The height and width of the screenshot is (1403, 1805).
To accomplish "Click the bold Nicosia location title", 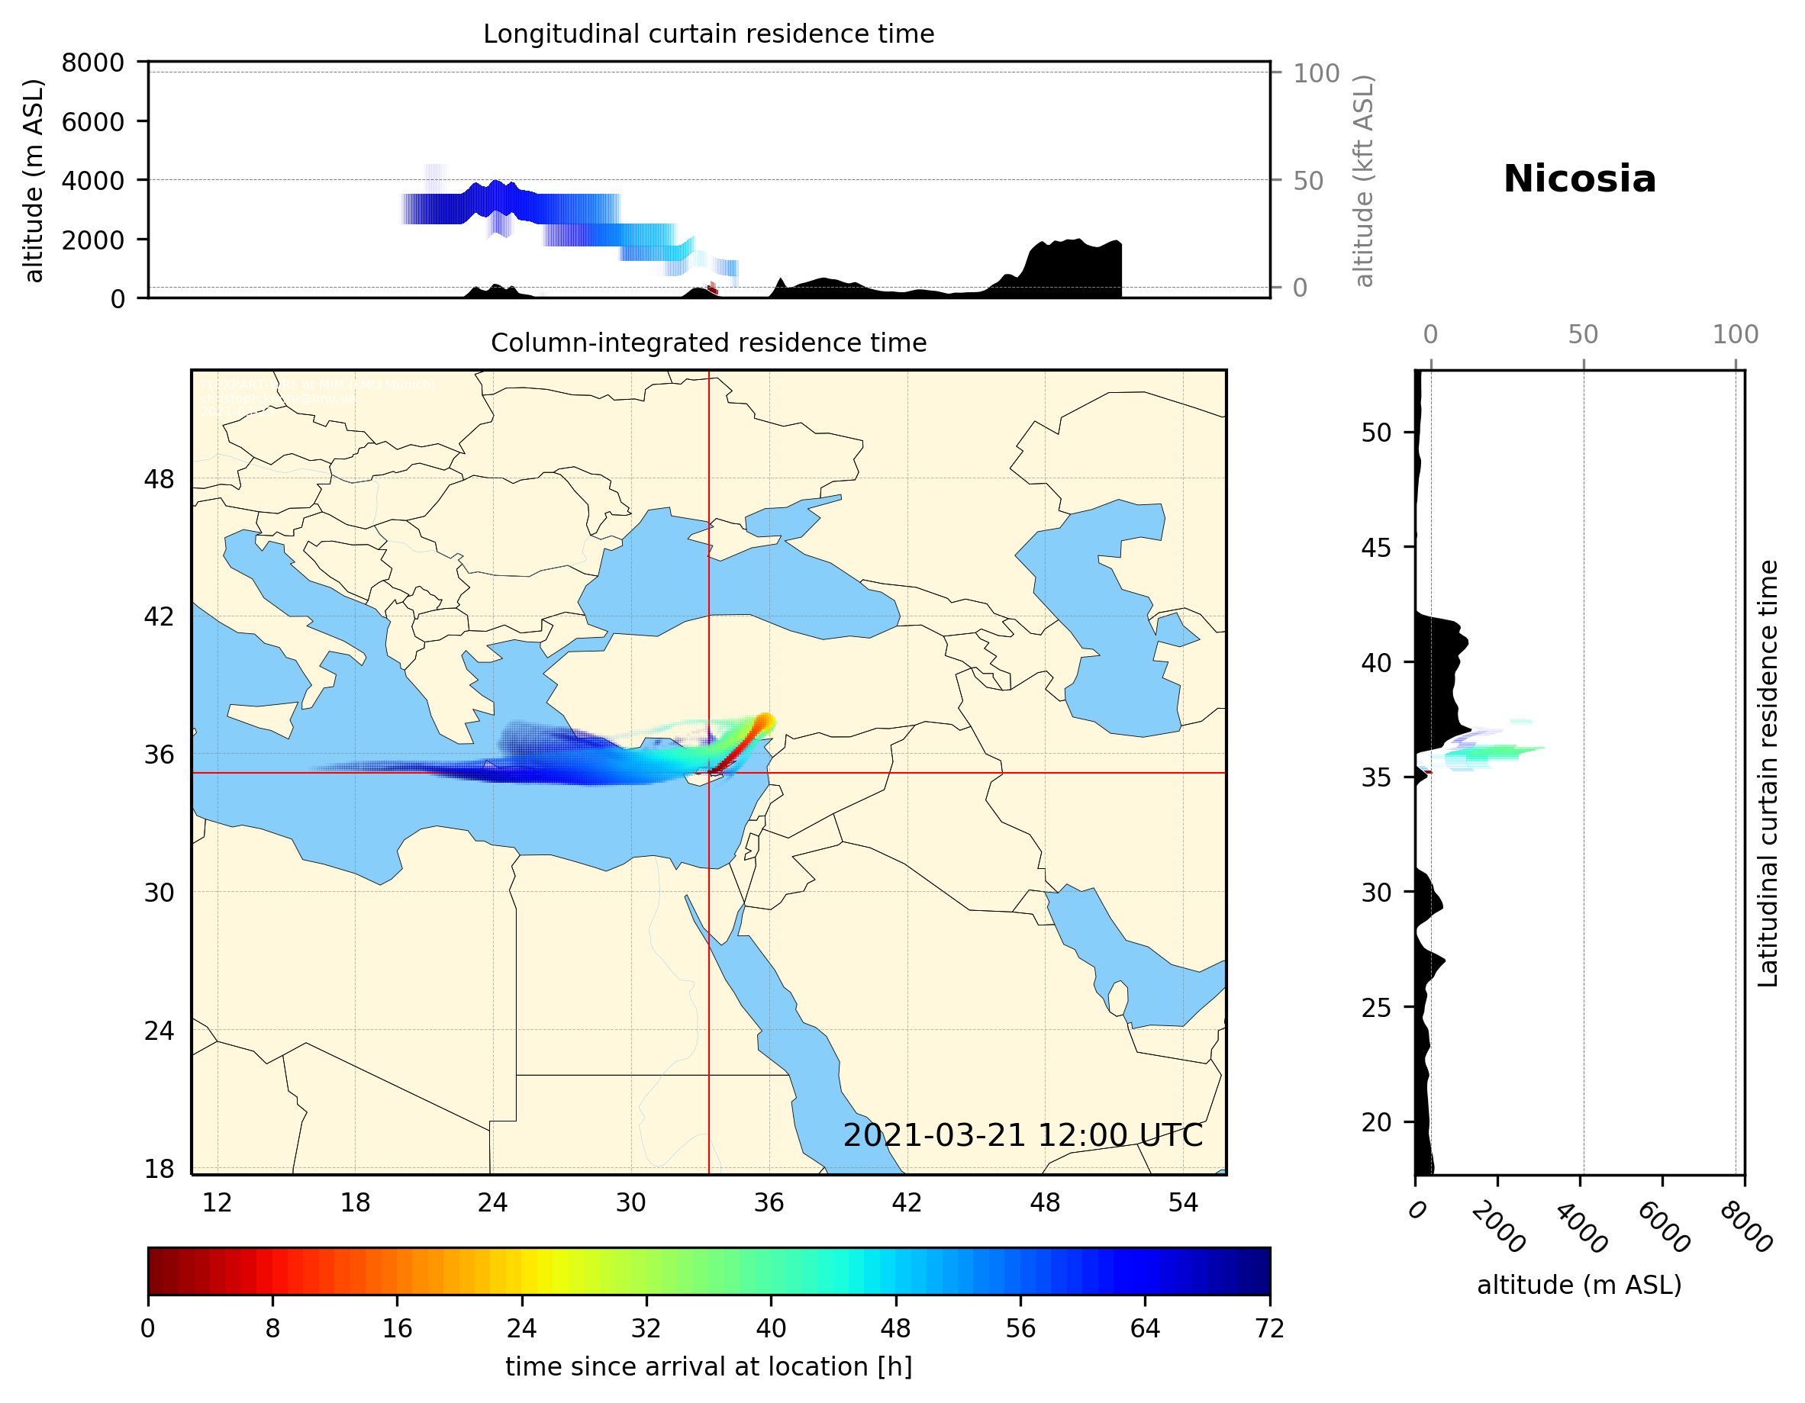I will click(x=1578, y=179).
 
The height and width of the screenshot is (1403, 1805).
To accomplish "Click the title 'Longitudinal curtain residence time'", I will click(x=708, y=34).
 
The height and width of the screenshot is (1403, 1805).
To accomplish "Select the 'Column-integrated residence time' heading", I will click(x=708, y=343).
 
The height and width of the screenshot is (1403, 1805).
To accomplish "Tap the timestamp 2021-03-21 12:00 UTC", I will click(x=1023, y=1135).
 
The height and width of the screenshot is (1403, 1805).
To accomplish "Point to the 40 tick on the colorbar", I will click(x=771, y=1327).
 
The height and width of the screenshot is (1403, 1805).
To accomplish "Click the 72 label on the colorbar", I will click(x=1268, y=1327).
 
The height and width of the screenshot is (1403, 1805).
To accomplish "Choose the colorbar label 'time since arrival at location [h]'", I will click(x=708, y=1366).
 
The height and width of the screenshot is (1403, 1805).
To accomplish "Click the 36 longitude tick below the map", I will click(x=769, y=1202).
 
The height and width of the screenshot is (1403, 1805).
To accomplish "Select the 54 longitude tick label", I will click(x=1183, y=1202).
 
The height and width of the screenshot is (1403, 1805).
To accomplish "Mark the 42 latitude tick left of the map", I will click(x=160, y=616).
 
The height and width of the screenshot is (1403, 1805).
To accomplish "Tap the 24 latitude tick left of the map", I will click(x=160, y=1031).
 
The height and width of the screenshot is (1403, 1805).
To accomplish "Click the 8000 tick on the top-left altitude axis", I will click(x=92, y=63).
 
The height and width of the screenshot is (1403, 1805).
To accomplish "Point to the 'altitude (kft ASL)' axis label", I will click(x=1364, y=181).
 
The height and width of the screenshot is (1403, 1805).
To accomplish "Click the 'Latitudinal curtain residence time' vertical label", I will click(x=1767, y=773).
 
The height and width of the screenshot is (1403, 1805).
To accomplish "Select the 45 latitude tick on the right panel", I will click(x=1376, y=547).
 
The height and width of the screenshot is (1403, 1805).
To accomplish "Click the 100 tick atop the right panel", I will click(x=1735, y=335).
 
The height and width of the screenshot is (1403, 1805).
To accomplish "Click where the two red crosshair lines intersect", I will click(x=708, y=773).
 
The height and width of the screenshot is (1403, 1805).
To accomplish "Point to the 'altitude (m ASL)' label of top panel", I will click(x=33, y=181).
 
